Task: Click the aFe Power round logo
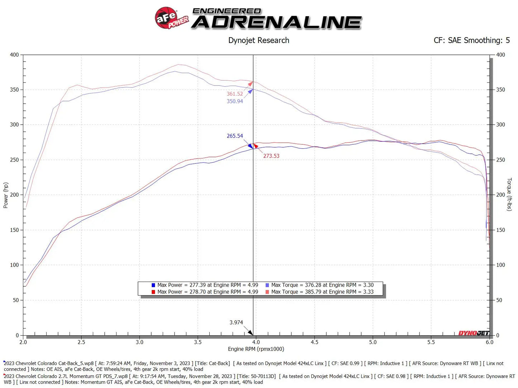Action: [x=167, y=18]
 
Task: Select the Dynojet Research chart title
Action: [x=258, y=40]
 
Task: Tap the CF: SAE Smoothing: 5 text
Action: [x=471, y=40]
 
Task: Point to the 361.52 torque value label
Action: [x=234, y=94]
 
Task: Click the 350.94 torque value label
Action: [x=234, y=101]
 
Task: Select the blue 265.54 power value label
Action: [x=234, y=136]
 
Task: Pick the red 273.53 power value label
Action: [x=271, y=156]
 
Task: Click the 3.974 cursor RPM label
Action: [x=236, y=322]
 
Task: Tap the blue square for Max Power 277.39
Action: [x=153, y=285]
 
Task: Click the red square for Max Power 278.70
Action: [x=153, y=292]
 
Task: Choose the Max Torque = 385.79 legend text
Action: [x=322, y=292]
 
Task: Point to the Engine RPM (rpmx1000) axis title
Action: [x=256, y=349]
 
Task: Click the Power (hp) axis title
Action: [x=5, y=195]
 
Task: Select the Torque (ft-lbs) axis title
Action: [x=509, y=194]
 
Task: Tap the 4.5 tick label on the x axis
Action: [x=314, y=342]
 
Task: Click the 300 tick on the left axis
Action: [x=14, y=125]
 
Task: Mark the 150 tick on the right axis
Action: [x=500, y=230]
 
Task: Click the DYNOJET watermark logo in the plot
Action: [x=474, y=333]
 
